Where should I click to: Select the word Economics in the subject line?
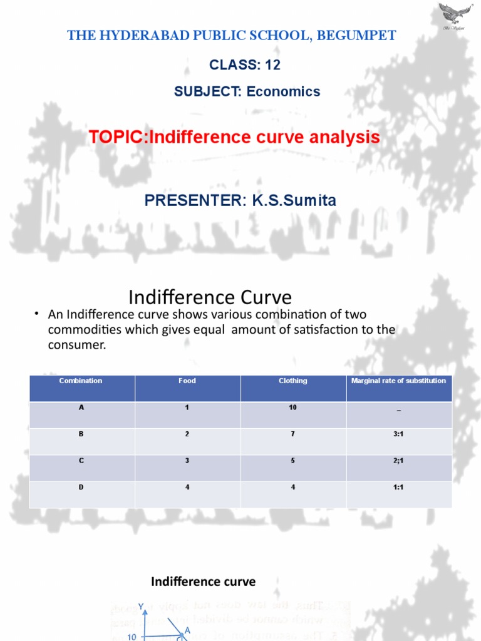[x=283, y=91]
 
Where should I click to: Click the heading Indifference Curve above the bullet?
[x=210, y=296]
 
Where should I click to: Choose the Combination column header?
[x=81, y=381]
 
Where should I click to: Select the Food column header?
[x=187, y=381]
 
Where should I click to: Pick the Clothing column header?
[x=293, y=381]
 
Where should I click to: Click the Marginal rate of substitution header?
[x=399, y=381]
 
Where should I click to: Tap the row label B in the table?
[x=81, y=434]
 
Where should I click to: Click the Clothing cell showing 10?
[x=293, y=408]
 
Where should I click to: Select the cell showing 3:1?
[x=399, y=434]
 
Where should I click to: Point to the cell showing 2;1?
[x=399, y=460]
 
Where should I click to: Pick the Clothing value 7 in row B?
[x=293, y=434]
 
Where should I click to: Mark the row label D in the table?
[x=81, y=486]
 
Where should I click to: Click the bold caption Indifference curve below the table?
[x=204, y=582]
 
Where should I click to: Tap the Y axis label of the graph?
[x=142, y=606]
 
